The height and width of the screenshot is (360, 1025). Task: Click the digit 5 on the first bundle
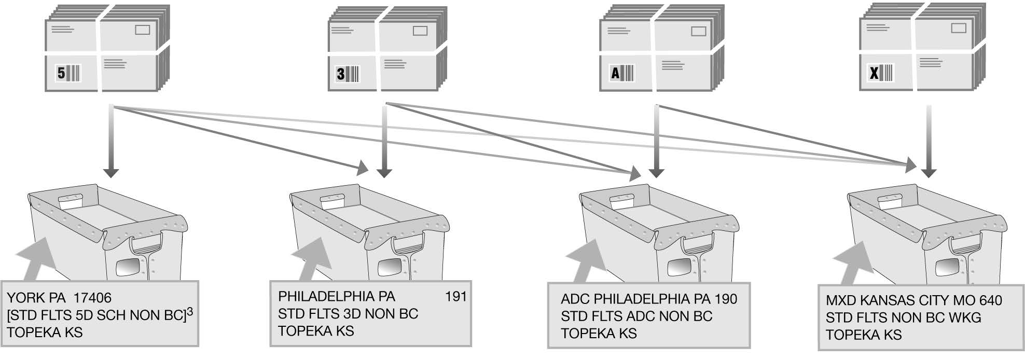pos(61,74)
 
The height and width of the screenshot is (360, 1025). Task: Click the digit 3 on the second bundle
pos(341,74)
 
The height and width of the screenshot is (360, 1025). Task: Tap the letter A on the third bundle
pos(615,73)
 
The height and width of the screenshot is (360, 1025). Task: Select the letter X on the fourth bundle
pos(874,73)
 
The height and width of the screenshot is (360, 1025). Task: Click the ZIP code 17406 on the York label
pos(92,298)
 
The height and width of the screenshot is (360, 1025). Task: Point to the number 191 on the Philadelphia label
pos(455,297)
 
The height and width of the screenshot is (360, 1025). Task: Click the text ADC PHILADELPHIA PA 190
pos(648,299)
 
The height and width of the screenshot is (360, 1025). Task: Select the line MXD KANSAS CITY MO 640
pos(913,300)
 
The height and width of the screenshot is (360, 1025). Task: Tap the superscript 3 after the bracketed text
pos(190,312)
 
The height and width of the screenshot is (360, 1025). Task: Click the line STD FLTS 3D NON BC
pos(348,314)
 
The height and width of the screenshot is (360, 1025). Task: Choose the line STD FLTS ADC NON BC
pos(636,316)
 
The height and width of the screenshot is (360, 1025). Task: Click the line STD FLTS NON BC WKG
pos(903,317)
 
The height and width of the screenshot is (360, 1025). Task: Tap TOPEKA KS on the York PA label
pos(45,333)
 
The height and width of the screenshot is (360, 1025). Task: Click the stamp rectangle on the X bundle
pos(958,28)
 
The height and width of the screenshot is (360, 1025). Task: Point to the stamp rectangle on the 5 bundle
pos(143,30)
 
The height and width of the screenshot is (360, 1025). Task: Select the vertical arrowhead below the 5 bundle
pos(110,172)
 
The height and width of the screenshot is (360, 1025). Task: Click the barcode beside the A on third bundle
pos(627,73)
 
